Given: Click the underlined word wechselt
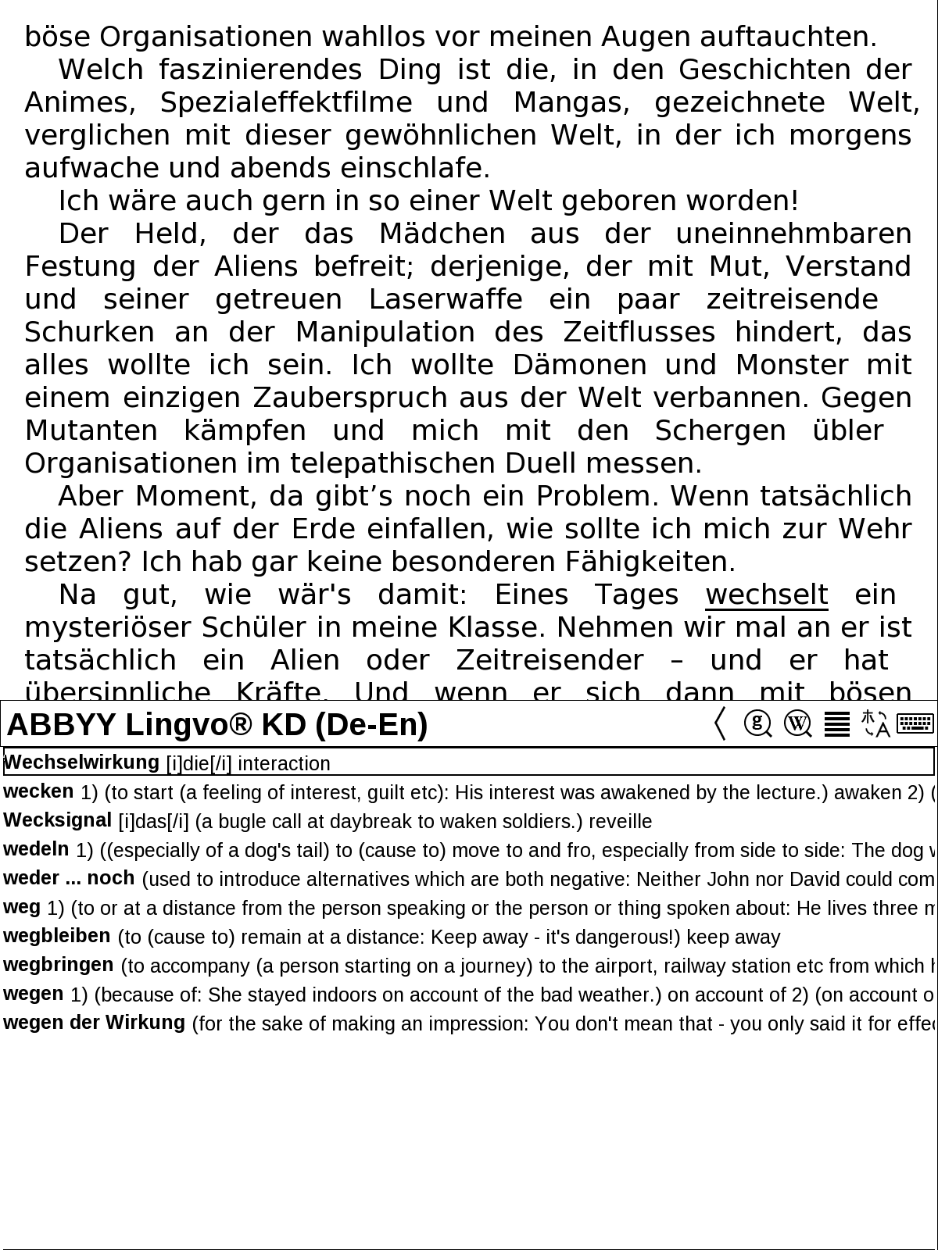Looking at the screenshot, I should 766,595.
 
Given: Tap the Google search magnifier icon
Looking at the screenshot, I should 757,723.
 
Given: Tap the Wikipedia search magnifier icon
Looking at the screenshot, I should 797,723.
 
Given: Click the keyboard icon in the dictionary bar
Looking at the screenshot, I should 915,723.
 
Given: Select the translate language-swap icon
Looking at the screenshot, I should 875,723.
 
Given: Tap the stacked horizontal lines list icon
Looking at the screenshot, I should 837,723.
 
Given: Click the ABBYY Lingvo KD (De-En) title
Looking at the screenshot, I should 217,725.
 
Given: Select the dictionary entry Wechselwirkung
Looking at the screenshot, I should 82,762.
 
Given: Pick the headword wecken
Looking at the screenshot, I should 39,791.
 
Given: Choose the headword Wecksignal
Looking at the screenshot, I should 58,820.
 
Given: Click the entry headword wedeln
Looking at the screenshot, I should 36,849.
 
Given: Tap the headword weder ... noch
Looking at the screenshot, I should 69,878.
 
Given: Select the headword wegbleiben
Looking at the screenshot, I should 57,936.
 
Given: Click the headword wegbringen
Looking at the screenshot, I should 59,965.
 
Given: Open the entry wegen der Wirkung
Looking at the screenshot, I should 94,1023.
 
